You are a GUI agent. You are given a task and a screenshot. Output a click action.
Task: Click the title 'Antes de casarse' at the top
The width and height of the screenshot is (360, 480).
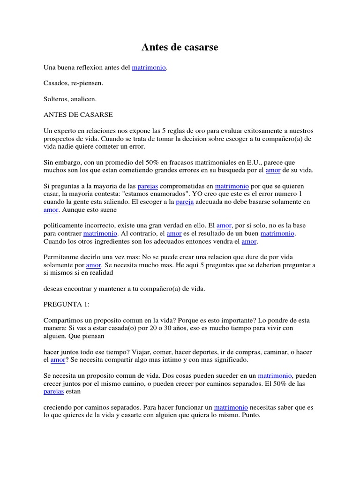180,47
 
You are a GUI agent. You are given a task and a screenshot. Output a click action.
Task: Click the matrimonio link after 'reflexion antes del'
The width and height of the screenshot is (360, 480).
149,68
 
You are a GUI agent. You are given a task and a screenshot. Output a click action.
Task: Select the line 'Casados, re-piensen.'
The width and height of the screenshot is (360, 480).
73,83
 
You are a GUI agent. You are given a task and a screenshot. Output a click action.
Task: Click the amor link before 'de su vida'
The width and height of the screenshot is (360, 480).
273,170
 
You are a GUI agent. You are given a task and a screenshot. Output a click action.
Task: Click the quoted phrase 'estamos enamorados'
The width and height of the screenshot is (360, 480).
153,194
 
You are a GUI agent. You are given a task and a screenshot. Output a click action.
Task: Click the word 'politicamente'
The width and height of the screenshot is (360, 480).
65,226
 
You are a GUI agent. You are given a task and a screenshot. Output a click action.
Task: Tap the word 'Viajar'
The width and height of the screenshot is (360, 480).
157,352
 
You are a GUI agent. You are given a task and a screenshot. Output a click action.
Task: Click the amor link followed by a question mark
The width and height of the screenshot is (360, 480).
57,360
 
